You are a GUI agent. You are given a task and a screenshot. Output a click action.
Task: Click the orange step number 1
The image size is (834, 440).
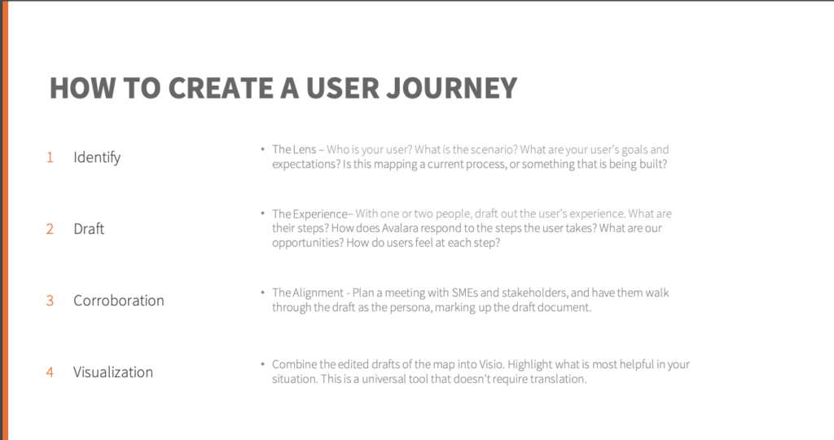coord(50,157)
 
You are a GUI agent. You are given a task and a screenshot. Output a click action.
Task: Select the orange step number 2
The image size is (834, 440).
coord(50,229)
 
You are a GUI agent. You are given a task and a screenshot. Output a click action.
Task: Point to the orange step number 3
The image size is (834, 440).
coord(50,301)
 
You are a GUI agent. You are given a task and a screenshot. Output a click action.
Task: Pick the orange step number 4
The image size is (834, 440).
coord(50,372)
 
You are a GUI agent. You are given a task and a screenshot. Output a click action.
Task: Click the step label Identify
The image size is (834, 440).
coord(97,157)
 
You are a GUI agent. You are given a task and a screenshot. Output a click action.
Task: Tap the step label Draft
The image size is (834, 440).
coord(89,229)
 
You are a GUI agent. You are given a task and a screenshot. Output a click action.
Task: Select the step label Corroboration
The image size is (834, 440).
coord(119,301)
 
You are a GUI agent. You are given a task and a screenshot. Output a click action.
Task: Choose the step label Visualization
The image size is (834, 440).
coord(113,372)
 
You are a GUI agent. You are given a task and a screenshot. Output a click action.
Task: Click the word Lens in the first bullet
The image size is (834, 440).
coord(305,149)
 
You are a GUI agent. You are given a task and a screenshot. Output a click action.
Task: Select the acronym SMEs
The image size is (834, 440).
coord(464,293)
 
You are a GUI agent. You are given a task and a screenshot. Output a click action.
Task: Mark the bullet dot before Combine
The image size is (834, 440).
coord(263,364)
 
